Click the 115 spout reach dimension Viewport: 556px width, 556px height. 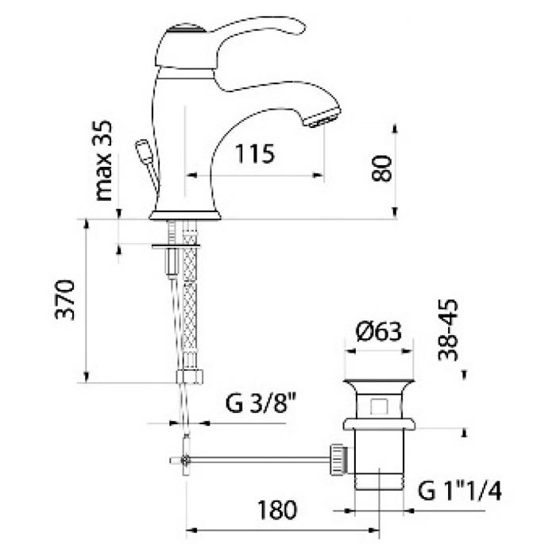[255, 153]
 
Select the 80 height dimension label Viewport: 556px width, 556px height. [382, 168]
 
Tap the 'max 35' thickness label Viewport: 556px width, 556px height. [104, 160]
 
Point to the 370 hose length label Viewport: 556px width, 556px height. [65, 300]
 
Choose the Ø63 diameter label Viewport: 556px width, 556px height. [379, 332]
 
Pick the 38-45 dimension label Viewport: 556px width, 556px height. [448, 330]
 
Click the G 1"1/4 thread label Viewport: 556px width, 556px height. [460, 491]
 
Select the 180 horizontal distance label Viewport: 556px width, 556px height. [276, 510]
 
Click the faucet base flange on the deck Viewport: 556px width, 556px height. [185, 215]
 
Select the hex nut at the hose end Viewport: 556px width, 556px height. [190, 376]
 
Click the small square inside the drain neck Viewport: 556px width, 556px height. [380, 407]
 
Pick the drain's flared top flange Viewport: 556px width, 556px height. [379, 384]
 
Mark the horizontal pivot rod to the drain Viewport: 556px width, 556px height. [260, 460]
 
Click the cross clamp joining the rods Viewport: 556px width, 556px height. [185, 460]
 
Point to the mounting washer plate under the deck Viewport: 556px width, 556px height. [176, 245]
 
